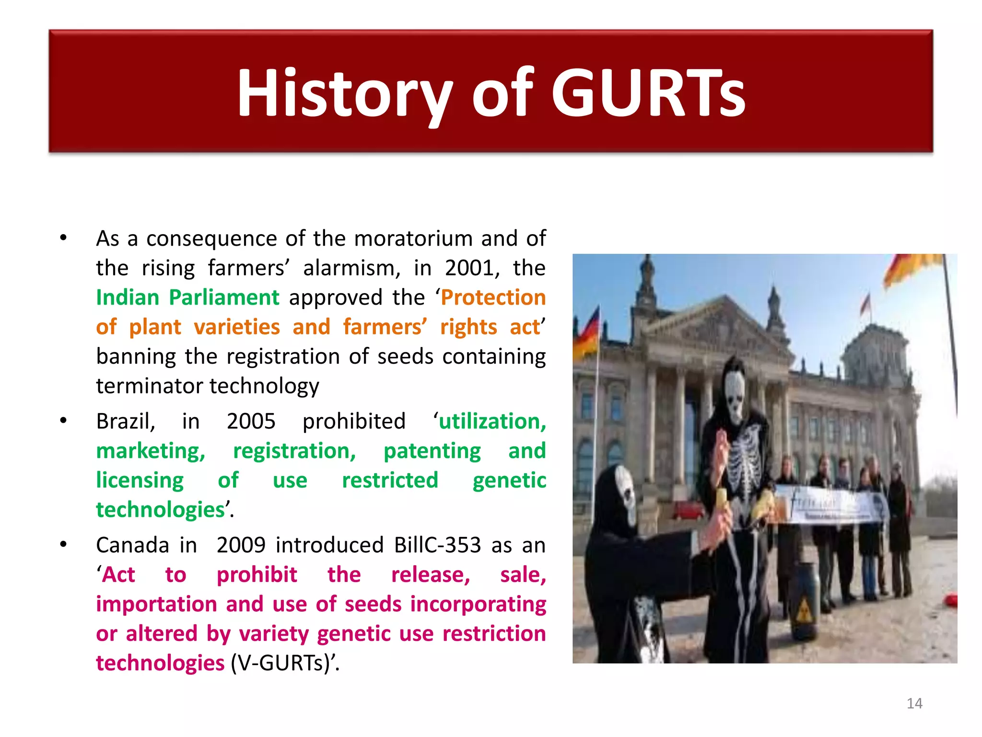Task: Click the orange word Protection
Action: pos(493,297)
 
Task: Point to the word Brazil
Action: pos(126,421)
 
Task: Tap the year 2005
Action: pos(251,421)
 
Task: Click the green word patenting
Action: pos(432,451)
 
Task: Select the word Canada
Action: pos(132,545)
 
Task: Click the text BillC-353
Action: pos(437,545)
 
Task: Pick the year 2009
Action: pos(241,545)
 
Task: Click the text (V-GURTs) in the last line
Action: pos(282,663)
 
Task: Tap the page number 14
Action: pos(914,703)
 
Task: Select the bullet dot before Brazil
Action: pos(63,421)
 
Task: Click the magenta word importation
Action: pos(156,604)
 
